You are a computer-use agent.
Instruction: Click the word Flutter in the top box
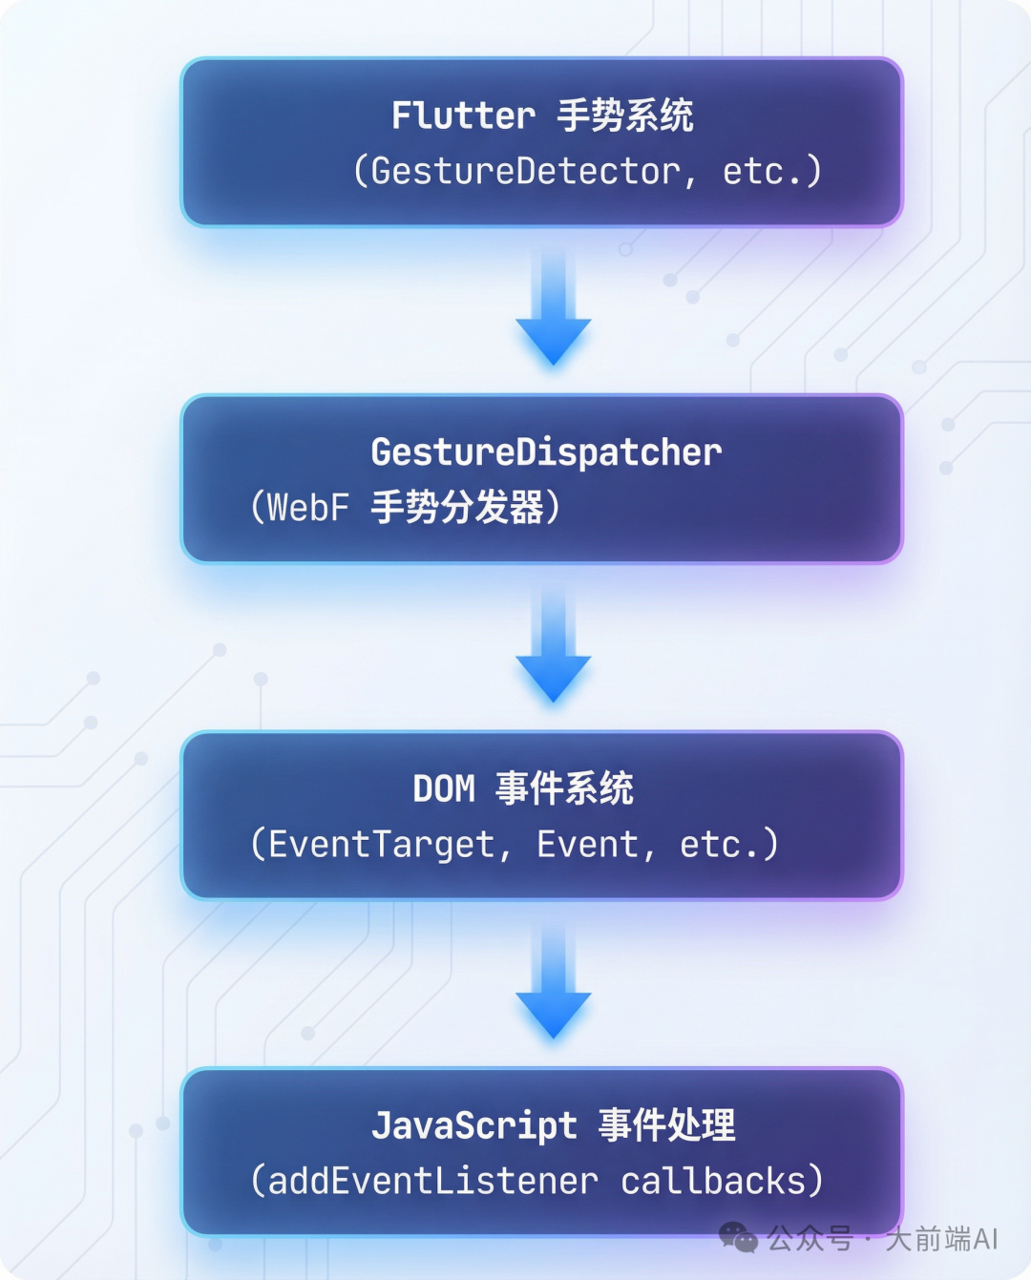463,116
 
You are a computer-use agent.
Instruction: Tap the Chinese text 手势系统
625,116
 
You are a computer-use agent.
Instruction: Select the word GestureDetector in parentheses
525,172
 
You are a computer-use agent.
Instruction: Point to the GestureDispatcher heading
546,452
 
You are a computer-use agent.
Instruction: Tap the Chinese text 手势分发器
457,508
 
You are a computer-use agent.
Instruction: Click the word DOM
444,789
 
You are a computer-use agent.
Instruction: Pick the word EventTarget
382,845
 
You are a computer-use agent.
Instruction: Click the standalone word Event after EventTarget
587,845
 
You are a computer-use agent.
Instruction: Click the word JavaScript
474,1125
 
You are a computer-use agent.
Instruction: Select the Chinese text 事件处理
667,1125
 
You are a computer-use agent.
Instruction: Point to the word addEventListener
432,1182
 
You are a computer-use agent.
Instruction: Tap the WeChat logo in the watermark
738,1238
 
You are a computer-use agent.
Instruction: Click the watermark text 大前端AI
941,1239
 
